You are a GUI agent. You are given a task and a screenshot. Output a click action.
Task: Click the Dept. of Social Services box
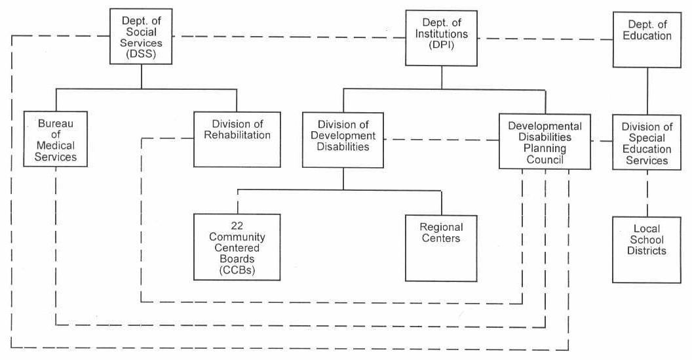142,36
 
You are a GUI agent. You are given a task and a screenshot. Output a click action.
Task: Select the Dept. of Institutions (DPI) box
441,38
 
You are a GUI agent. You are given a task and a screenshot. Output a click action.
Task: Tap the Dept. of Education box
647,39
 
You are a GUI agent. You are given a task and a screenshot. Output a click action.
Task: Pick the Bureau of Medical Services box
56,138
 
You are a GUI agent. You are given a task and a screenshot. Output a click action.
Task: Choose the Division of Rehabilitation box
237,139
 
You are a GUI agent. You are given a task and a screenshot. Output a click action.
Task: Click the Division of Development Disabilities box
343,140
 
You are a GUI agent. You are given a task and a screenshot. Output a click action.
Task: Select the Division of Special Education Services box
647,142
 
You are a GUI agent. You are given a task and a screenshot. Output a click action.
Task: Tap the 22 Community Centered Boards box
237,246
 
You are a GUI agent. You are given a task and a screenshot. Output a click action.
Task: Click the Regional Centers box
441,248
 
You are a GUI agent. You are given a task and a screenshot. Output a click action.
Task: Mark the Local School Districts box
647,250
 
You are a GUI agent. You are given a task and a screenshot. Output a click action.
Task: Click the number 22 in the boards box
237,225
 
